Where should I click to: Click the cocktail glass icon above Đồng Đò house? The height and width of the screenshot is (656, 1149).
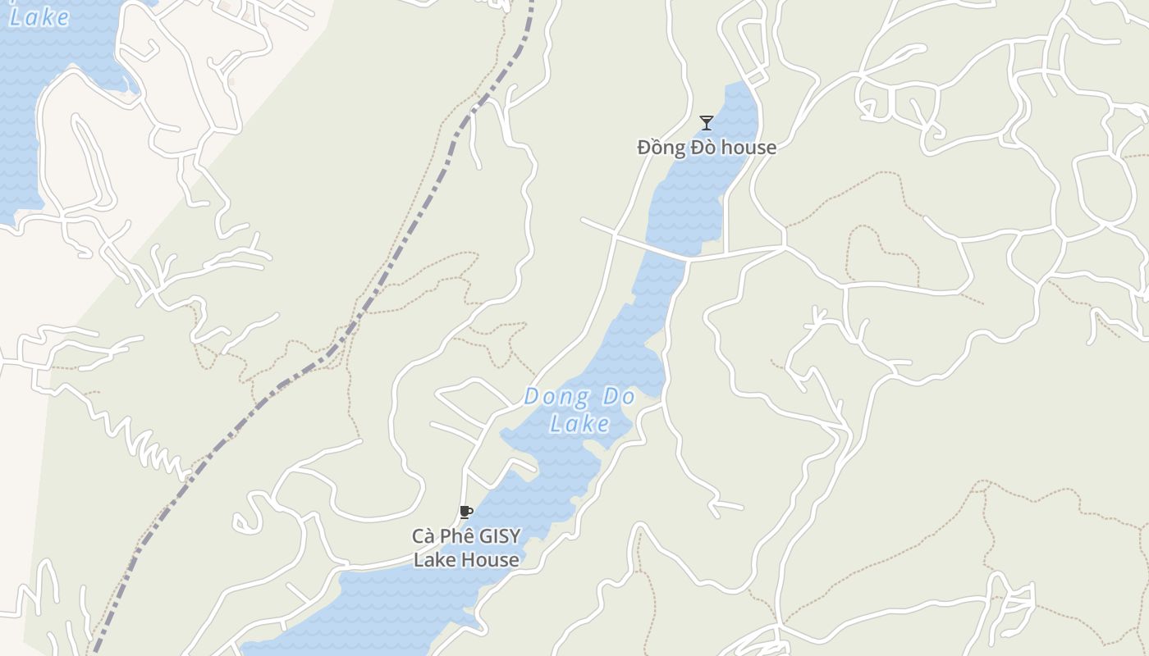click(x=706, y=123)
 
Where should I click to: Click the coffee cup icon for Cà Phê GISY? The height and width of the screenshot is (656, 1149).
click(x=465, y=512)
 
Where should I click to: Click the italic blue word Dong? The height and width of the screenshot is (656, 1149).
click(x=556, y=397)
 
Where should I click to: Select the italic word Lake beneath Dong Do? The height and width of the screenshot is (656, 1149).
click(x=579, y=423)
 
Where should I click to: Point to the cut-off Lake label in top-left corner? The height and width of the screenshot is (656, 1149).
click(x=39, y=16)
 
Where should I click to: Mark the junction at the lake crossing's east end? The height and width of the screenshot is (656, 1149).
click(x=784, y=246)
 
